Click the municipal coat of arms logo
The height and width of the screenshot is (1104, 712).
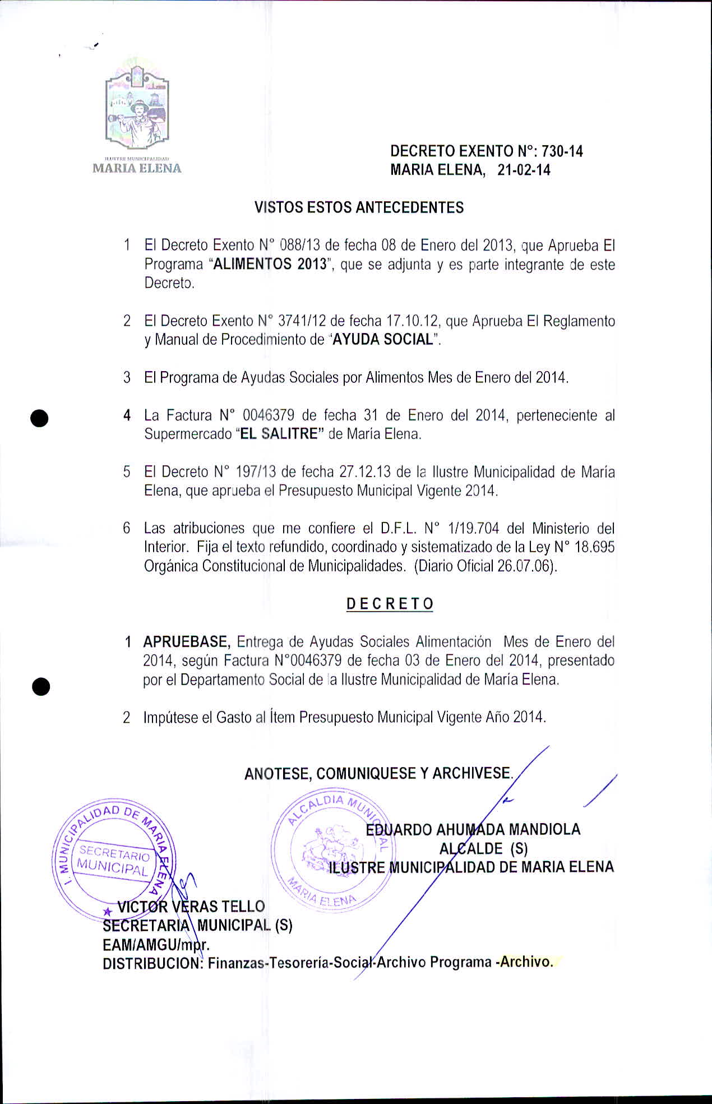(137, 107)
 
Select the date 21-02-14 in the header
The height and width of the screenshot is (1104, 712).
(524, 170)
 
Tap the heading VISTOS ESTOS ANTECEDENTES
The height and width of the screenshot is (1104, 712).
(359, 207)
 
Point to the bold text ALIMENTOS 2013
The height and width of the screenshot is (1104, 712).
(270, 264)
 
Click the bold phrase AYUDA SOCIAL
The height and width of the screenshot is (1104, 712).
(383, 340)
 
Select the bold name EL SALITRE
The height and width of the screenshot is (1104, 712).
(278, 434)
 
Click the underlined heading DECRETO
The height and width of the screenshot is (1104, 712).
(390, 604)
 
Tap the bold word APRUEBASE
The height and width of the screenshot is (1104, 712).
(187, 641)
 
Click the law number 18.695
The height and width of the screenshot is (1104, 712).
(595, 547)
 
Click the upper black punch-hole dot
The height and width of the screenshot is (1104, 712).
(40, 419)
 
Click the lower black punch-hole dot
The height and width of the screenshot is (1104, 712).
(41, 686)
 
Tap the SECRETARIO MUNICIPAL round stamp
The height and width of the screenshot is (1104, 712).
(114, 859)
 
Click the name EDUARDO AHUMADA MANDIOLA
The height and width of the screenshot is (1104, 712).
(473, 829)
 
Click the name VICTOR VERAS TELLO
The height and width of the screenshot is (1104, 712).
(191, 906)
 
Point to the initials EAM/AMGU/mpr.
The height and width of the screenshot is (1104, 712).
(156, 945)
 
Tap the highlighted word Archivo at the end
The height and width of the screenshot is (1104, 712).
(526, 962)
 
